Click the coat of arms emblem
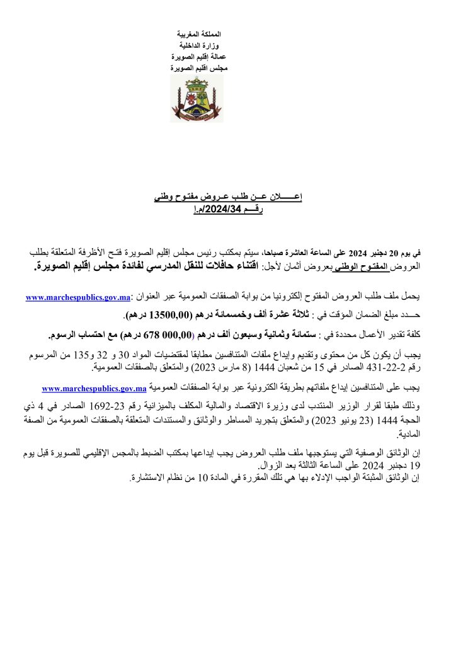click(197, 100)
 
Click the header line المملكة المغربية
click(197, 33)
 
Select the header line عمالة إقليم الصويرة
click(197, 55)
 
